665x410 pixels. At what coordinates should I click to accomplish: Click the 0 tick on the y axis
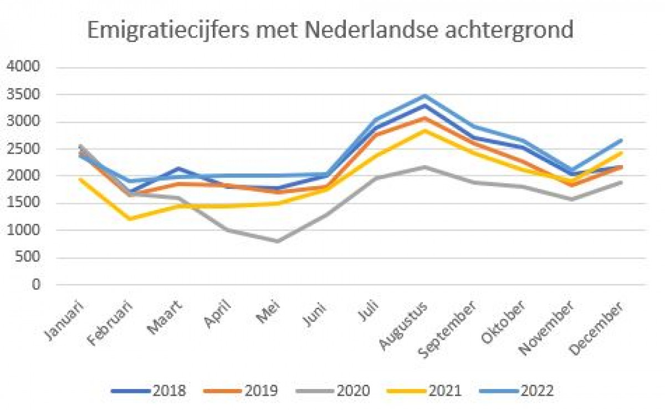[37, 284]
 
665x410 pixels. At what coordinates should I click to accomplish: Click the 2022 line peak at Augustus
[424, 96]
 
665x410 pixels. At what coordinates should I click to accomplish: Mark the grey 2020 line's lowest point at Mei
[278, 241]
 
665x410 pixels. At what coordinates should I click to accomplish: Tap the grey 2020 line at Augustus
[424, 167]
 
